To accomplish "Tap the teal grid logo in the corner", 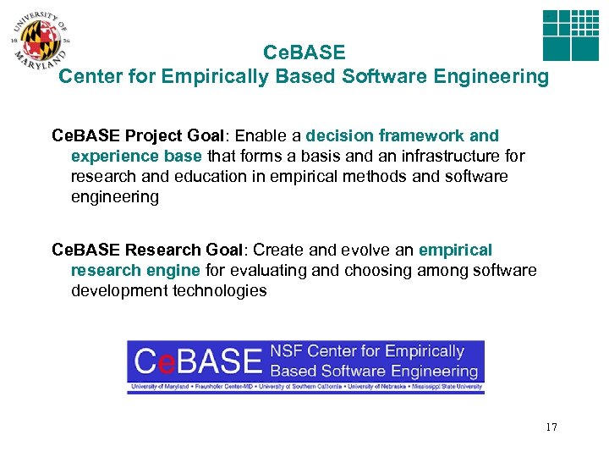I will [569, 36].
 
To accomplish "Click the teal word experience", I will [111, 156].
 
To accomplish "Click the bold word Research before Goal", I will [164, 250].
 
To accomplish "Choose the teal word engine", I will [176, 270].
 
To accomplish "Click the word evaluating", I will [266, 270].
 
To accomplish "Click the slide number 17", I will [551, 427].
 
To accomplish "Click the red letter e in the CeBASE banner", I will [167, 361].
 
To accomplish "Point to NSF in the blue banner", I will [286, 351].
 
